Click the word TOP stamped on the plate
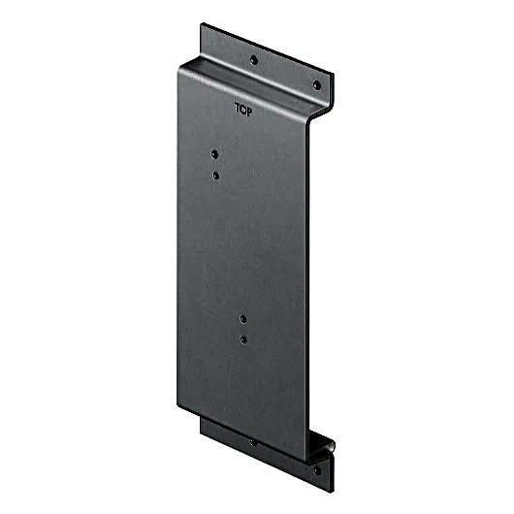[x=243, y=110]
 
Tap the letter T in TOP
[x=238, y=108]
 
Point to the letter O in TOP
[x=242, y=110]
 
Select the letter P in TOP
[x=249, y=112]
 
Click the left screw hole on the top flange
[x=253, y=60]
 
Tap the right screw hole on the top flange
[x=317, y=85]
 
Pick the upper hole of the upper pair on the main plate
[x=214, y=154]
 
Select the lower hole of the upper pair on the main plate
[x=215, y=176]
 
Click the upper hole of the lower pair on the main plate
[x=242, y=319]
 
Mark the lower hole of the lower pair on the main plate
[x=243, y=340]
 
